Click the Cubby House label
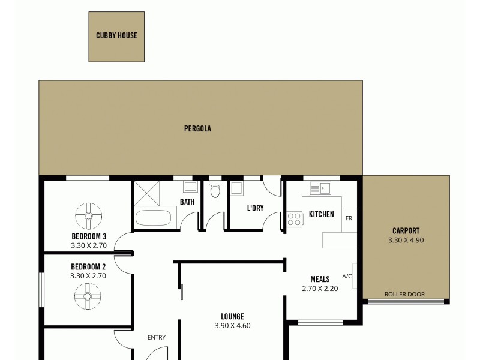116,35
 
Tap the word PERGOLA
197,128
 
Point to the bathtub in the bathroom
155,217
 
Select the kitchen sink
321,188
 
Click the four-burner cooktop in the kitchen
295,220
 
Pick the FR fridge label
348,218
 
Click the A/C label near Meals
347,276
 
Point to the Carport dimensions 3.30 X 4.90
406,240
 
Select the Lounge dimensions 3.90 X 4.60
232,326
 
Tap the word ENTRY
157,337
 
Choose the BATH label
187,202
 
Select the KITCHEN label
322,214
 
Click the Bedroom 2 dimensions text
88,276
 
